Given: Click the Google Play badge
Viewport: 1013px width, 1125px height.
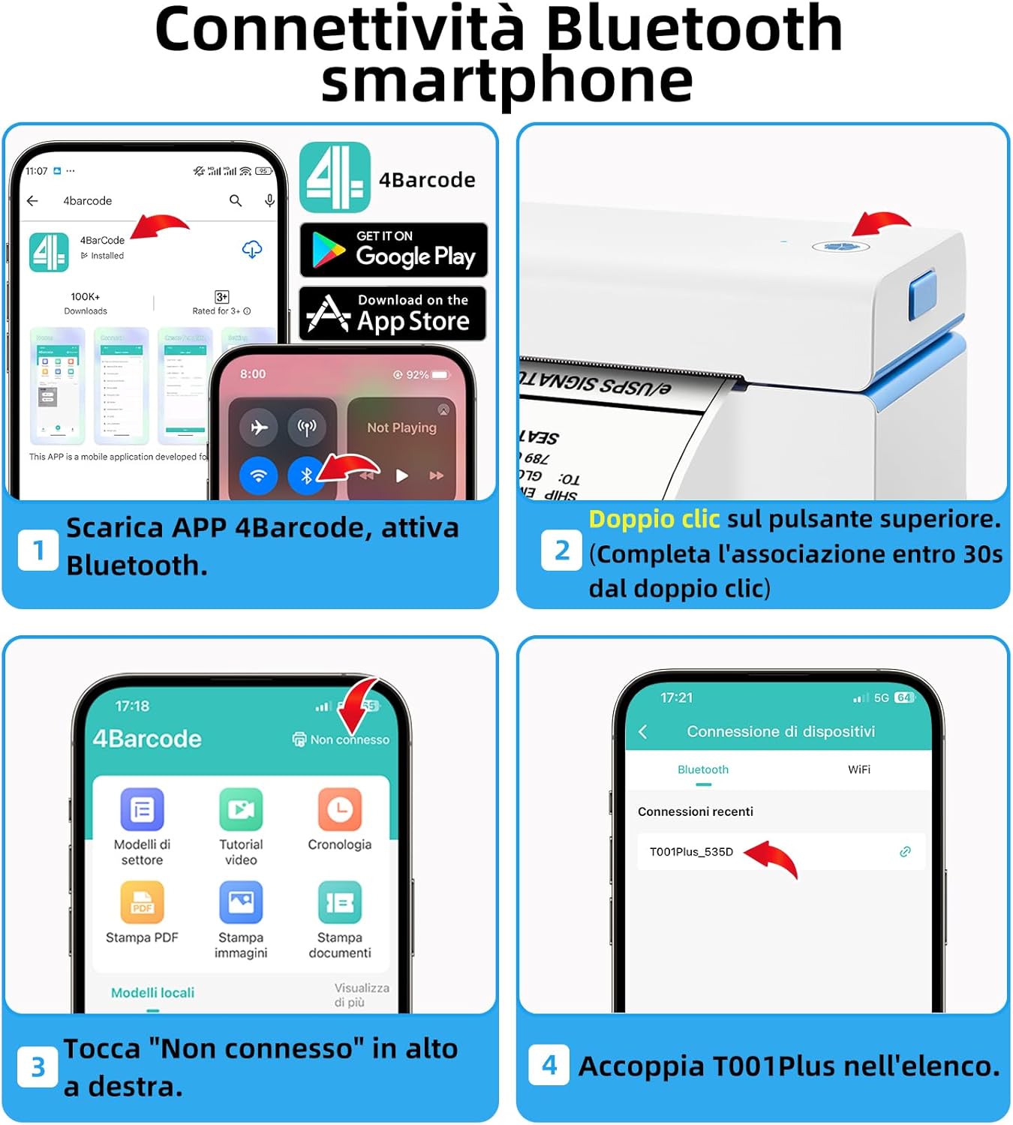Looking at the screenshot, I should [393, 250].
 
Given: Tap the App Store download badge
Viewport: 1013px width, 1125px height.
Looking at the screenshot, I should [393, 313].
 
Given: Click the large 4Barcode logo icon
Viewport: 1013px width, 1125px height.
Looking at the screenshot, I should [335, 178].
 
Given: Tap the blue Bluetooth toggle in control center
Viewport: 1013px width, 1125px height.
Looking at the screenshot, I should [306, 475].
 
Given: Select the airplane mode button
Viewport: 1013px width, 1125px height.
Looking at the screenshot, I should [259, 427].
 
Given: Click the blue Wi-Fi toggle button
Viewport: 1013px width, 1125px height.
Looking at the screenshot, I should [259, 475].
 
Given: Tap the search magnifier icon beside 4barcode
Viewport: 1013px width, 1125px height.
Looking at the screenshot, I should [236, 201].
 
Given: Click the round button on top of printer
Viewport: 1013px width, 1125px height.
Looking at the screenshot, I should [841, 247].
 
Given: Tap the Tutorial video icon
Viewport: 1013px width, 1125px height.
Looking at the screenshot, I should [241, 810].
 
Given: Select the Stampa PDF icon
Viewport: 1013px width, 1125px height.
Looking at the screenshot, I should [142, 902].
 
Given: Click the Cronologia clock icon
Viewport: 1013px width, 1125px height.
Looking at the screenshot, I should [340, 810].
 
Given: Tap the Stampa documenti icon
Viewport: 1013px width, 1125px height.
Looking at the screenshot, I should [340, 902].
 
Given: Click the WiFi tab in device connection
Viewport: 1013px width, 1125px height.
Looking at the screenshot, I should [858, 769].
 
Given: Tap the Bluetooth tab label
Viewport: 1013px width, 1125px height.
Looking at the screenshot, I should [702, 769].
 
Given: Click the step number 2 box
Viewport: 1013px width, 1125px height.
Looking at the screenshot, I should [561, 550].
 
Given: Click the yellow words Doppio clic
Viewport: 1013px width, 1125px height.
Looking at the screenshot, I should [654, 519].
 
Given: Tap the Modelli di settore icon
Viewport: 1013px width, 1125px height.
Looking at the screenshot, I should [142, 810].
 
